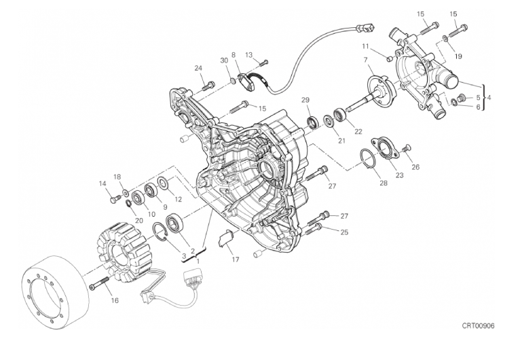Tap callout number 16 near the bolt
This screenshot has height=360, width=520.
click(115, 300)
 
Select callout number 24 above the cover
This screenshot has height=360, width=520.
click(198, 68)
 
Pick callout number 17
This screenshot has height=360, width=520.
click(235, 259)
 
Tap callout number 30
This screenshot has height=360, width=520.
click(224, 61)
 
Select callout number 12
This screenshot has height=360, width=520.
click(178, 199)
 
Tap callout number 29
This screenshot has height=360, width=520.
click(305, 100)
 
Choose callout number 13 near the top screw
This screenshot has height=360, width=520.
click(249, 55)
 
